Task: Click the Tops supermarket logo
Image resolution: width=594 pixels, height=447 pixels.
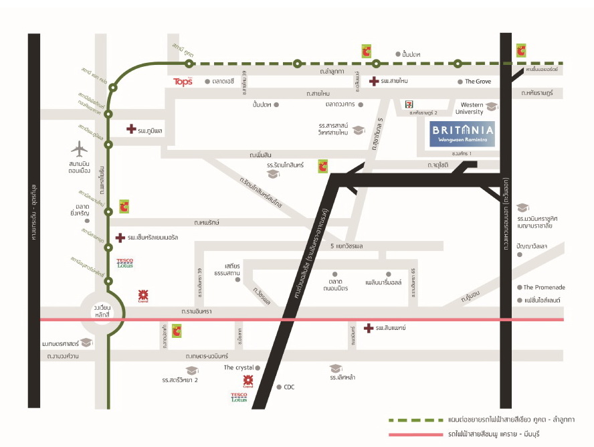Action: [x=183, y=82]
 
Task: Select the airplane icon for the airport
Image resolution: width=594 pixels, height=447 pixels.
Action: [x=80, y=148]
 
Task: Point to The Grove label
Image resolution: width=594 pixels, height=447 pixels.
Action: [x=478, y=82]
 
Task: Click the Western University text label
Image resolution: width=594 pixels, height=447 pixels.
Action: [x=472, y=108]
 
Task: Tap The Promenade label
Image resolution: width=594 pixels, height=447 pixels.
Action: [x=545, y=288]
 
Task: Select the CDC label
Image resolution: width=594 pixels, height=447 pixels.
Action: [x=289, y=387]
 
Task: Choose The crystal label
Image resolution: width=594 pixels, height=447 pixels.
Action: [x=239, y=367]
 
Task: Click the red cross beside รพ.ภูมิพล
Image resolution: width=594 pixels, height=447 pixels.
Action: [x=131, y=128]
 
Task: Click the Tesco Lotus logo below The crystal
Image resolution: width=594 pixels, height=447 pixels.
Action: [x=239, y=398]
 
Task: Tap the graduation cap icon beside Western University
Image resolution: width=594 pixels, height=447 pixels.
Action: [x=492, y=106]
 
